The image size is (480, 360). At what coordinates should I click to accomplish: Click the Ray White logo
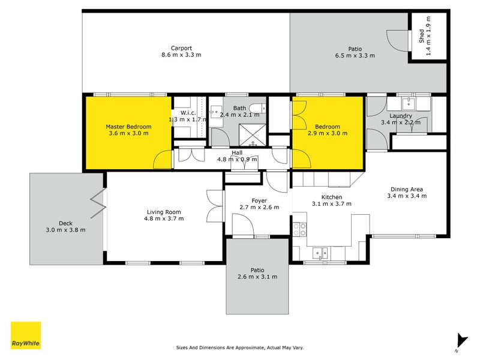(x=26, y=335)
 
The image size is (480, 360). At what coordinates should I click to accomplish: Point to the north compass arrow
(x=461, y=341)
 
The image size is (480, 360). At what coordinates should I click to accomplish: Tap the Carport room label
(x=181, y=48)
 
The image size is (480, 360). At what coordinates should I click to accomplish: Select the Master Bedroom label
(x=128, y=127)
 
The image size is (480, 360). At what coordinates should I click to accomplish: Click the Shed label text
(x=421, y=35)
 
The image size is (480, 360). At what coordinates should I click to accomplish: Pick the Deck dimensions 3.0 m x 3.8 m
(x=65, y=230)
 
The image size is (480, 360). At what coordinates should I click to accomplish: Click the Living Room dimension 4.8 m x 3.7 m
(x=164, y=218)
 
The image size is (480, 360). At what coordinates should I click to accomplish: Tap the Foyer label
(x=259, y=200)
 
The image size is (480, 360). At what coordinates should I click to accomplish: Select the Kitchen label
(x=331, y=197)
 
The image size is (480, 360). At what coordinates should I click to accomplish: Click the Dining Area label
(x=407, y=188)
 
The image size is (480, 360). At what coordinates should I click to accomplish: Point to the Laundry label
(x=400, y=116)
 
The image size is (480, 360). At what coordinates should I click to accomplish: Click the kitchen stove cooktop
(x=299, y=229)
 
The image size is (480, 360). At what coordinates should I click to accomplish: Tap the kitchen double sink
(x=319, y=253)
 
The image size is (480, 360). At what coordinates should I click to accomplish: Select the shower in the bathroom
(x=253, y=134)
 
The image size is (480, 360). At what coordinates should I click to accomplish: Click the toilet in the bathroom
(x=256, y=109)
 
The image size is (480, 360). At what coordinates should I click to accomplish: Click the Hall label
(x=237, y=152)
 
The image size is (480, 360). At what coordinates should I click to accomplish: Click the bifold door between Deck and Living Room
(x=98, y=204)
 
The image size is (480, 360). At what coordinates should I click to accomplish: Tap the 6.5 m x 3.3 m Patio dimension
(x=355, y=55)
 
